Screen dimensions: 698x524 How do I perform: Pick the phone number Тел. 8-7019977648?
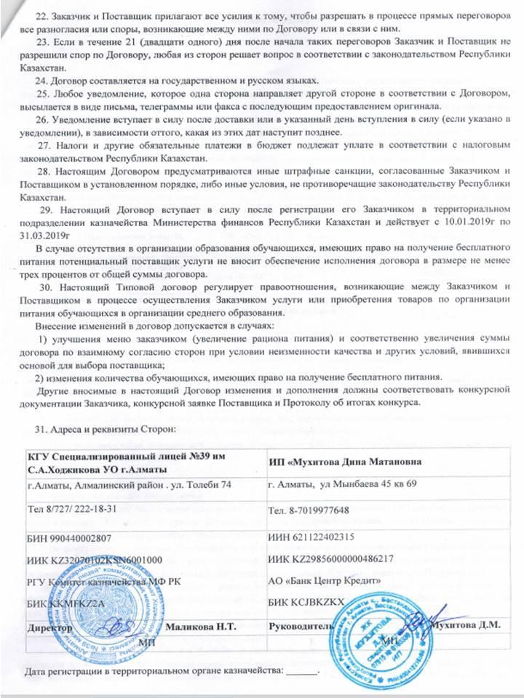[x=309, y=509]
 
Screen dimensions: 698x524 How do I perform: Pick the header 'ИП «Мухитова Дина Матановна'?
[x=343, y=462]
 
